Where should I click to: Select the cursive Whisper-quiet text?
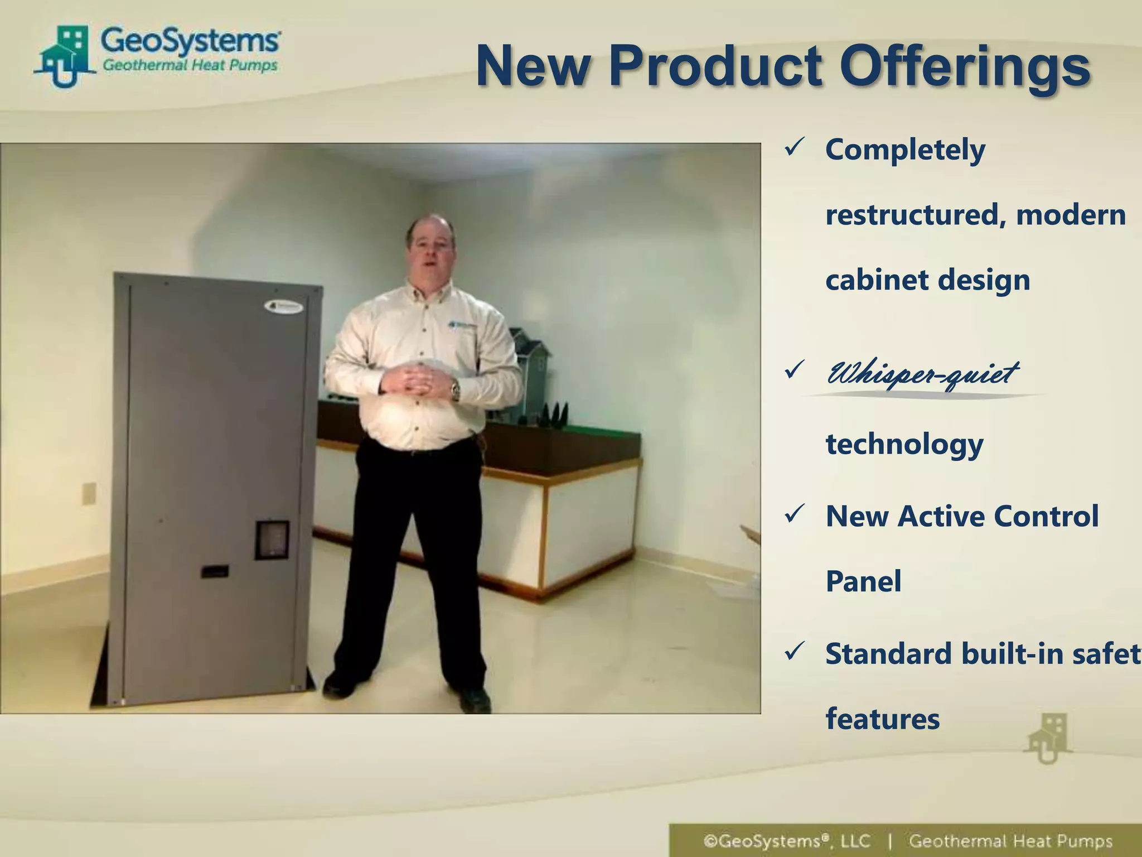pos(923,373)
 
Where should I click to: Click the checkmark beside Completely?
pos(794,148)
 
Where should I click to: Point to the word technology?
pos(904,445)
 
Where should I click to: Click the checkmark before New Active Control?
pos(794,514)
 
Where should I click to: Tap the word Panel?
pos(863,581)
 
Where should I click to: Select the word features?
pos(882,719)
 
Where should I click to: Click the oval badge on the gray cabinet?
pos(284,306)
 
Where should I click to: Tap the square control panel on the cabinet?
pos(272,540)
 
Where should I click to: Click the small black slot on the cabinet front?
pos(214,571)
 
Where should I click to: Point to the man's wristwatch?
pos(456,389)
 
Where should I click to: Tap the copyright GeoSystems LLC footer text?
pos(787,841)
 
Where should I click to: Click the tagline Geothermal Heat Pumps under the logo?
pos(190,66)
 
